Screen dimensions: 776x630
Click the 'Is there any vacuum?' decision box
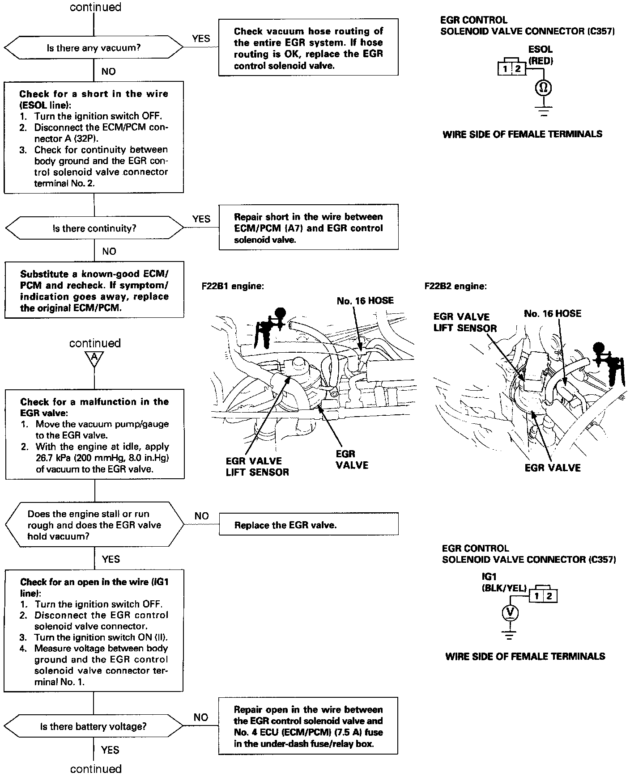point(94,47)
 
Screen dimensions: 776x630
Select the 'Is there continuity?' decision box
point(94,228)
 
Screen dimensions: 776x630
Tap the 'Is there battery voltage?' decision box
point(94,726)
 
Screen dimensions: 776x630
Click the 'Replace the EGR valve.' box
point(308,525)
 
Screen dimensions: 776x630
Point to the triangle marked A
point(94,358)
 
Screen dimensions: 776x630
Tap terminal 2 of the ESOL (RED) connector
point(518,68)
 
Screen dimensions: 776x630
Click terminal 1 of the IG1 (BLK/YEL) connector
point(536,596)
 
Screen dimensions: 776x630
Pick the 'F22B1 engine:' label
point(233,286)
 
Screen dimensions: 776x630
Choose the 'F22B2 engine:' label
point(455,286)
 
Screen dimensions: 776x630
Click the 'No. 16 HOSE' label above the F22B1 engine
point(365,301)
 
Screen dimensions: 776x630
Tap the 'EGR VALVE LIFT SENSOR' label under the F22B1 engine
point(257,467)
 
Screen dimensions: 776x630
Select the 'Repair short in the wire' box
point(308,228)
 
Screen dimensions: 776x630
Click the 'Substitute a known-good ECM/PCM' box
point(94,291)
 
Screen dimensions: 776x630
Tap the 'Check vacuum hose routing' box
point(308,48)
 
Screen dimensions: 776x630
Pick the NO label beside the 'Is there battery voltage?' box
point(201,717)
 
